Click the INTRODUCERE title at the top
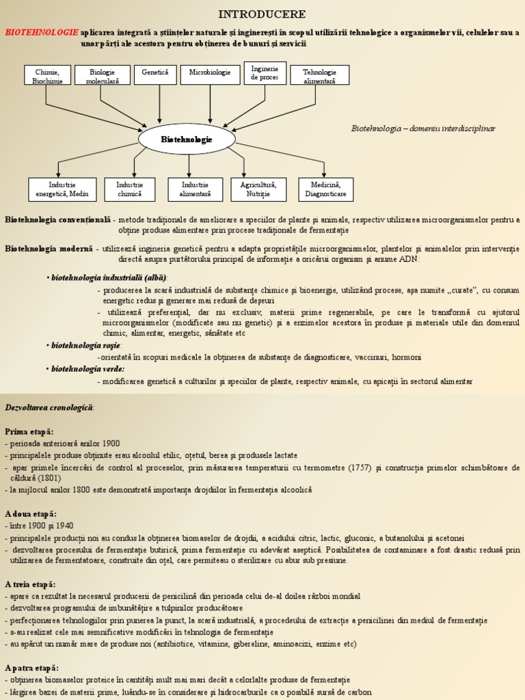[262, 14]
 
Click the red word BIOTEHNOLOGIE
[42, 32]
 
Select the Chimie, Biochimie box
[47, 76]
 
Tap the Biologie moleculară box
[103, 76]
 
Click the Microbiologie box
[210, 72]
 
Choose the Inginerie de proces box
[265, 73]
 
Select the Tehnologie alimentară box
[319, 76]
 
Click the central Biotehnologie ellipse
[187, 139]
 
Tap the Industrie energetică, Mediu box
[62, 189]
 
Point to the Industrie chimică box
[129, 189]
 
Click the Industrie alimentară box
[196, 189]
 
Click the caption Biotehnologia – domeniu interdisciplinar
[423, 129]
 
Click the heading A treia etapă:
[30, 584]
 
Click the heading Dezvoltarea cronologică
[50, 407]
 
